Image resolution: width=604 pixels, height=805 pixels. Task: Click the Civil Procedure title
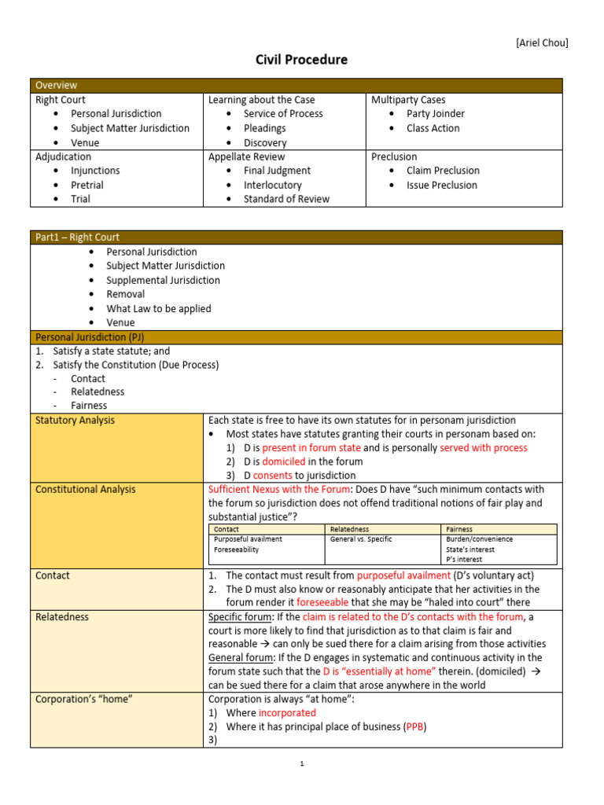point(301,60)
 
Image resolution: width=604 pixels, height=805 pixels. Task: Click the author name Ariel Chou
point(541,42)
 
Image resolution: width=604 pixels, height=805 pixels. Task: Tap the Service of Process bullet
point(283,114)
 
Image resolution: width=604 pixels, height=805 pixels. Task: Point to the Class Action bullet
point(433,128)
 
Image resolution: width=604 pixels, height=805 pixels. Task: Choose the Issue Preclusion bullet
point(441,185)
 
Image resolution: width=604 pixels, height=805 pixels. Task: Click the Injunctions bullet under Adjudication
point(95,171)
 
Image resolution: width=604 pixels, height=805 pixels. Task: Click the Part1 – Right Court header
point(77,237)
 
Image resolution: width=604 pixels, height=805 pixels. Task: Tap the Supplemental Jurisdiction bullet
point(163,280)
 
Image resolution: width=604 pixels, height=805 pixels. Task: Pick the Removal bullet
point(125,294)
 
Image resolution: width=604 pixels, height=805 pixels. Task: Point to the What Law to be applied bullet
point(158,308)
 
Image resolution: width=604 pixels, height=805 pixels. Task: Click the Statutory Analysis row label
point(75,421)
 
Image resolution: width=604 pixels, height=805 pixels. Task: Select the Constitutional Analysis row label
point(85,489)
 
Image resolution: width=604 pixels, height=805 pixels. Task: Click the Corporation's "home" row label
point(85,699)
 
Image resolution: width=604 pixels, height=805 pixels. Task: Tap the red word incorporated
point(287,713)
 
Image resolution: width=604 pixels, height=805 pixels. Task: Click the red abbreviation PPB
point(414,727)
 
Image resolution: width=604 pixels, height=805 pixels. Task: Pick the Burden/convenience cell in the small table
point(479,539)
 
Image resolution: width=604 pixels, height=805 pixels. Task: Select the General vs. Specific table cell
point(360,539)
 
